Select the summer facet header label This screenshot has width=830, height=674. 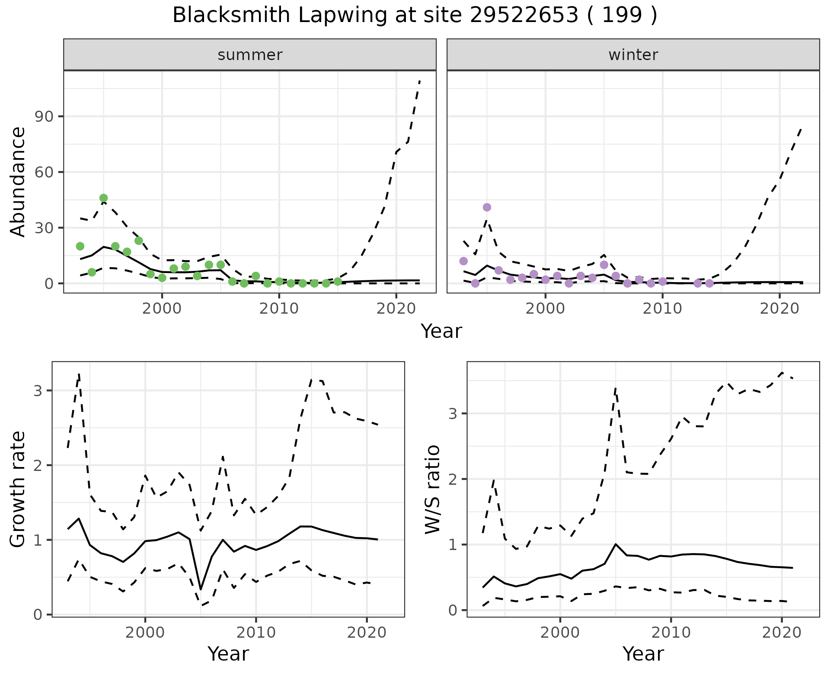pyautogui.click(x=250, y=55)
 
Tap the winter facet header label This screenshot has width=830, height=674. pyautogui.click(x=633, y=55)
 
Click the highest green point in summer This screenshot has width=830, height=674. pyautogui.click(x=103, y=198)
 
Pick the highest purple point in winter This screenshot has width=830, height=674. pyautogui.click(x=487, y=207)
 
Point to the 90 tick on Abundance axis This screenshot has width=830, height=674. pyautogui.click(x=45, y=117)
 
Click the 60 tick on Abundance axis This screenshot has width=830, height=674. pyautogui.click(x=45, y=172)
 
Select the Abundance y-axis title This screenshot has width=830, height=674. pyautogui.click(x=18, y=181)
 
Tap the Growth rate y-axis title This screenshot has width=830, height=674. pyautogui.click(x=18, y=490)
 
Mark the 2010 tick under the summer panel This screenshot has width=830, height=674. pyautogui.click(x=279, y=308)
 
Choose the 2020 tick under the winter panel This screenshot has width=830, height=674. pyautogui.click(x=779, y=308)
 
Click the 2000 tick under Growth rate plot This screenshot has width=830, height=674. pyautogui.click(x=145, y=633)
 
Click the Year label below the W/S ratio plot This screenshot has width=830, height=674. pyautogui.click(x=643, y=654)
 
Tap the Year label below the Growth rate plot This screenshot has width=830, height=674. pyautogui.click(x=228, y=654)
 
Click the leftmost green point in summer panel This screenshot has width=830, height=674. pyautogui.click(x=80, y=246)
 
